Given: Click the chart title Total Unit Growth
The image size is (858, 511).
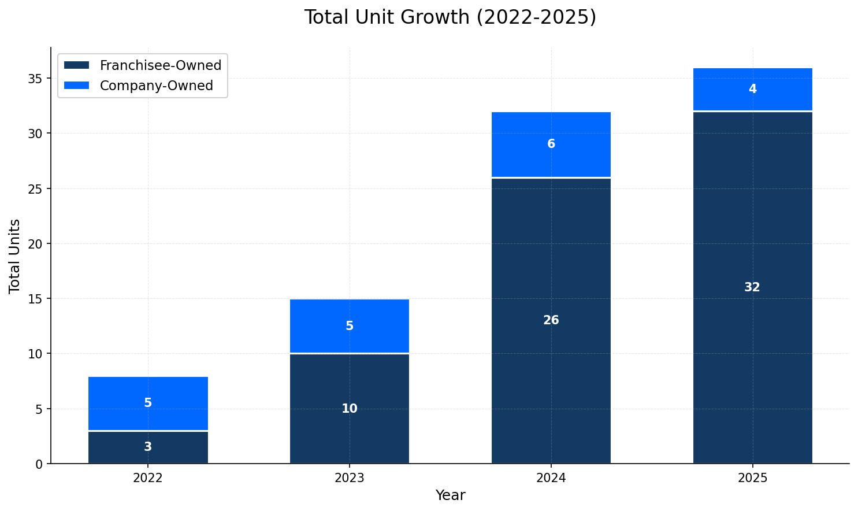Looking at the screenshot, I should [450, 17].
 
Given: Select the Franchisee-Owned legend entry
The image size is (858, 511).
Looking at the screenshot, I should [160, 65].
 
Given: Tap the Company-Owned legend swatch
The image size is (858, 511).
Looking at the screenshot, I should [76, 86].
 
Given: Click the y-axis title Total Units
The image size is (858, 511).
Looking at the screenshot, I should [15, 255].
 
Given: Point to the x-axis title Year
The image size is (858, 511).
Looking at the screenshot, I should [450, 495].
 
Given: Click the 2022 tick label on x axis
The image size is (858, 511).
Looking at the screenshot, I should [148, 478].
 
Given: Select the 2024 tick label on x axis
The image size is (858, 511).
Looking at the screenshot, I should [551, 478].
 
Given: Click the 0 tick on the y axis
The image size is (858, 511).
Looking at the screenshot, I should [39, 464].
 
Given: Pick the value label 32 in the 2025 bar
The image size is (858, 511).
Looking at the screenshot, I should [752, 287].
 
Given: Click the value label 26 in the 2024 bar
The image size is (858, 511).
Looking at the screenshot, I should [551, 320].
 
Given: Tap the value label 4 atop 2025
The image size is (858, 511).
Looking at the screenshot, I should [752, 89].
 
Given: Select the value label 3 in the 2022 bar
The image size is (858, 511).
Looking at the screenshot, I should [148, 447].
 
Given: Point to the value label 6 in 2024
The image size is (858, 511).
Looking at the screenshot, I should [551, 144].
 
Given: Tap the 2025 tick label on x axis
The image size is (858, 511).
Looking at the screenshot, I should [752, 478].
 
